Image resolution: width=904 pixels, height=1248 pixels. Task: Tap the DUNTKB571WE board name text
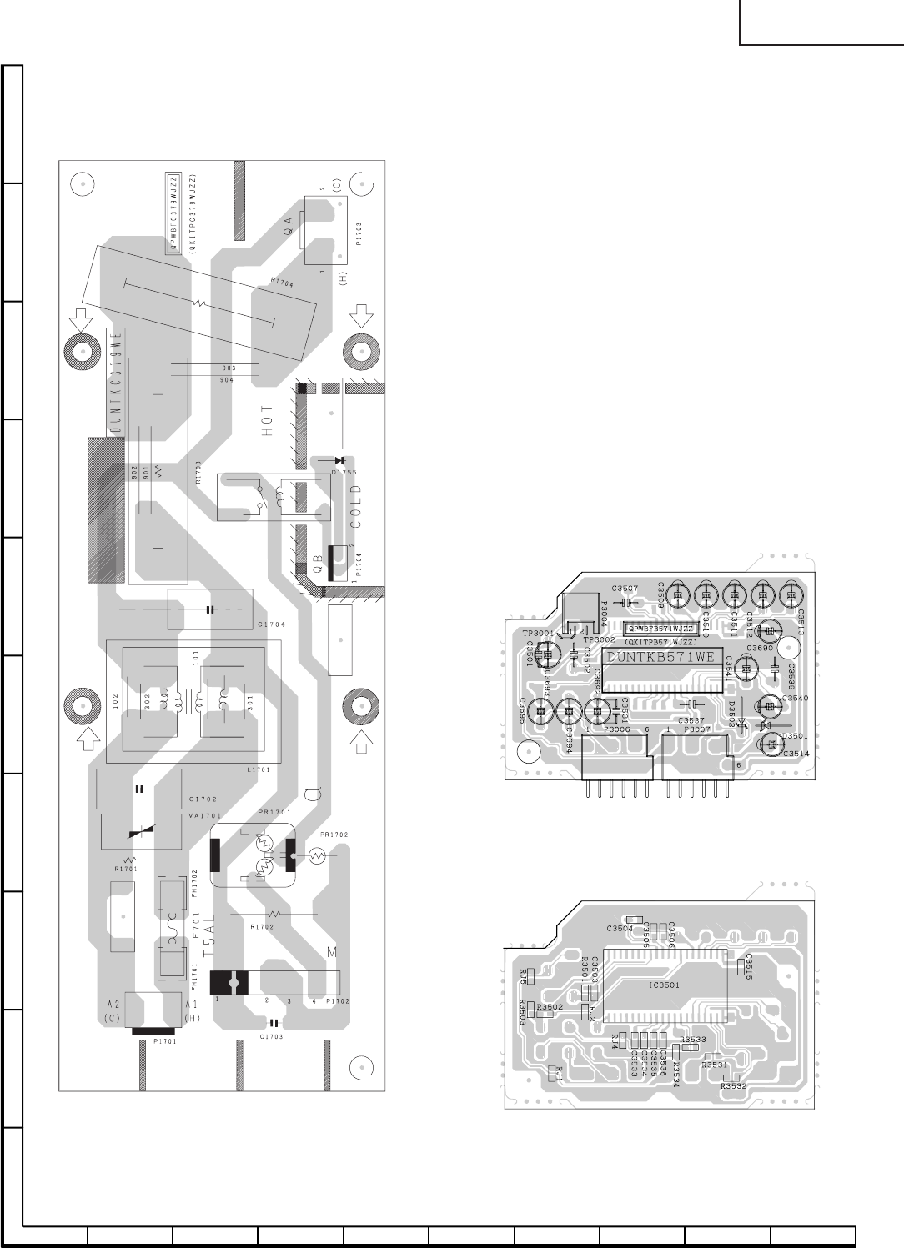pos(660,657)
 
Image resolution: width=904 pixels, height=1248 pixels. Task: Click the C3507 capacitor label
pos(625,589)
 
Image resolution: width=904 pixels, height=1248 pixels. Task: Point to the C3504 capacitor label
pos(619,928)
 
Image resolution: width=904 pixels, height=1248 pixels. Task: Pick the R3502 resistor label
pos(550,1007)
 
